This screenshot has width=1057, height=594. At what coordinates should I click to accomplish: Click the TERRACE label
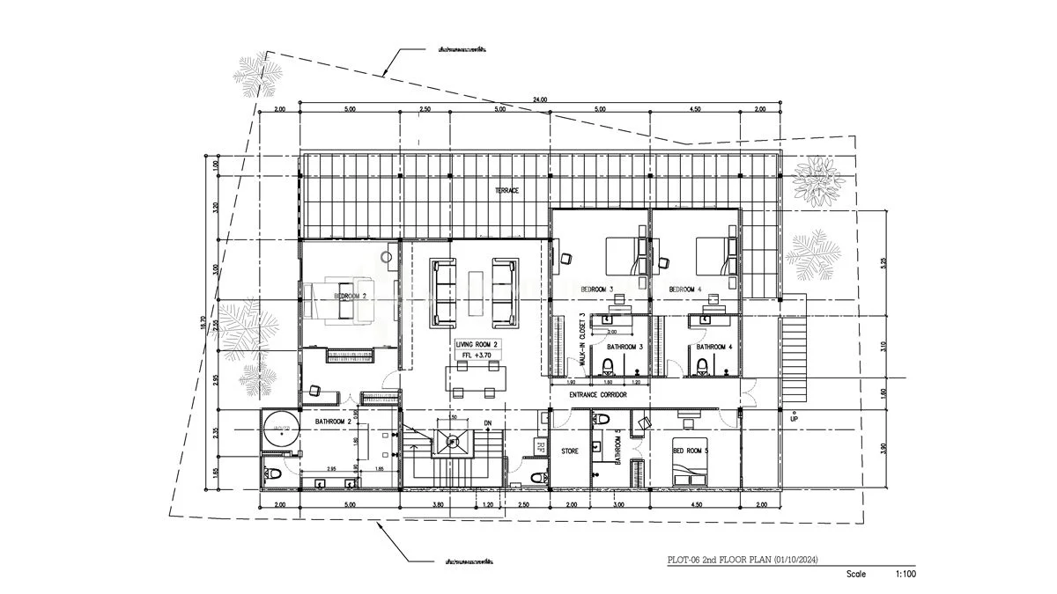[506, 191]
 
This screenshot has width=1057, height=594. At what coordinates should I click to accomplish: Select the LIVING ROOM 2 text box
[477, 345]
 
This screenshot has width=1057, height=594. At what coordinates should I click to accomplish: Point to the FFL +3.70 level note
[477, 356]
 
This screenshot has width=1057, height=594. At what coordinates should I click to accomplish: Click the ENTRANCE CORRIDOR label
[597, 396]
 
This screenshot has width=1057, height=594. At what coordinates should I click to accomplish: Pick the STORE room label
[570, 451]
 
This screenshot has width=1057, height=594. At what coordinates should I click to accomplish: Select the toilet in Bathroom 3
[607, 366]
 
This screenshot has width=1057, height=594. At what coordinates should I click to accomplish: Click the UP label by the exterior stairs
[793, 419]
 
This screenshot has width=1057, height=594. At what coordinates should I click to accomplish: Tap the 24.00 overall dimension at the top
[539, 100]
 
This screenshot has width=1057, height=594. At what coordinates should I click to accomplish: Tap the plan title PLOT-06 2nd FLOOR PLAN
[747, 559]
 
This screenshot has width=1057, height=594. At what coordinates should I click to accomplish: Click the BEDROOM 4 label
[684, 290]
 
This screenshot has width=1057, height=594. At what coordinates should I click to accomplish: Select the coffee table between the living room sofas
[477, 292]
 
